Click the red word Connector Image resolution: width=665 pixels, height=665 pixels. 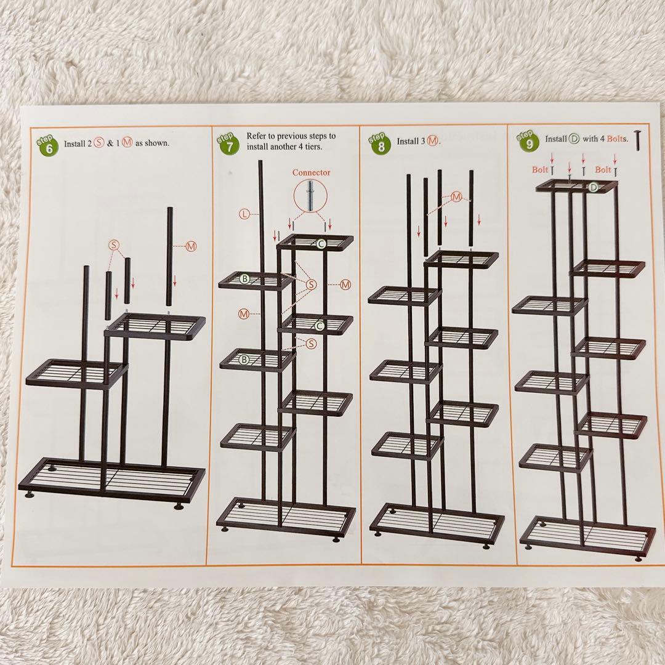[311, 172]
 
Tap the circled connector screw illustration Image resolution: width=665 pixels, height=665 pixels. [310, 196]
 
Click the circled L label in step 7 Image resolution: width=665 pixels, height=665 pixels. [244, 214]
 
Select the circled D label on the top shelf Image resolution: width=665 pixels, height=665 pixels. [594, 187]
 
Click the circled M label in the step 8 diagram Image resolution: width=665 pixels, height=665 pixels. [456, 197]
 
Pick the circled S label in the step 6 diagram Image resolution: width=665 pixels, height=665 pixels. [114, 244]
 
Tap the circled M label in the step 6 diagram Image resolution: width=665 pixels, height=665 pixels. [191, 246]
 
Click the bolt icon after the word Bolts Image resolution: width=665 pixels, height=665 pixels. [637, 140]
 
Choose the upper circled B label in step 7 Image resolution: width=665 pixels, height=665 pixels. [244, 279]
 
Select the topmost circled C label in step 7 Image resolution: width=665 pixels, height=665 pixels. [321, 243]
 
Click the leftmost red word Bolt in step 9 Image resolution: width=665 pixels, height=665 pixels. [540, 170]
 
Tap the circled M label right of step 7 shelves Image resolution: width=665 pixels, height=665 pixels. [345, 285]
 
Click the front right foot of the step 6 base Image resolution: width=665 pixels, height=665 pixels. [179, 506]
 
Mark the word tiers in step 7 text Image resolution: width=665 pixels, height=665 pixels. [312, 147]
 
